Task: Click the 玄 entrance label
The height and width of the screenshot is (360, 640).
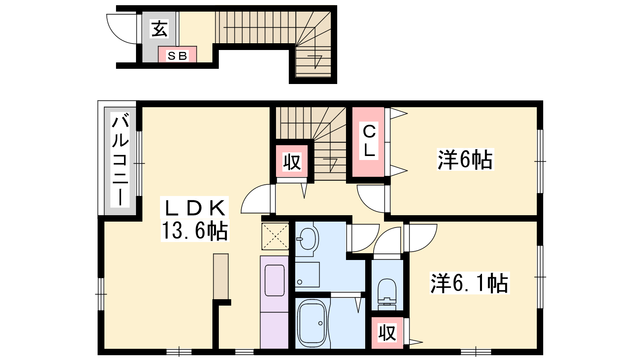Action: [x=160, y=29]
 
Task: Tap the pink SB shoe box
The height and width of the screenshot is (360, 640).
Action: [x=178, y=54]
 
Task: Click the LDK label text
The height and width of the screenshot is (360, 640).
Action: [x=194, y=208]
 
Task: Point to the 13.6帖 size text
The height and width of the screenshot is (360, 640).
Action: [x=194, y=230]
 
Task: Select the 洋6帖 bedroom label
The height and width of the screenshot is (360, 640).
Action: [x=465, y=160]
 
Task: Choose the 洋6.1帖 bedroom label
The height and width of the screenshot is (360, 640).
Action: [x=470, y=283]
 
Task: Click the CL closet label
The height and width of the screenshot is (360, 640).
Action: [x=369, y=141]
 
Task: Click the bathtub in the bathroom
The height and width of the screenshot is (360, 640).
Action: [x=312, y=323]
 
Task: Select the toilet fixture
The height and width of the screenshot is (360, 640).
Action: [x=387, y=294]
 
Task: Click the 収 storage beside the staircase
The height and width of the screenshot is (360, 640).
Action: [x=292, y=162]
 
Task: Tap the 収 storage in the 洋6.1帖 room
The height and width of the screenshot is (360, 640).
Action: [x=387, y=332]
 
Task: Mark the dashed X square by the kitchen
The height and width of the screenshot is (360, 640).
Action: [x=275, y=236]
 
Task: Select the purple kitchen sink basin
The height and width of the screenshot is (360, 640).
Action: [x=274, y=280]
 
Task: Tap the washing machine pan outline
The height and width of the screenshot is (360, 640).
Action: [x=307, y=274]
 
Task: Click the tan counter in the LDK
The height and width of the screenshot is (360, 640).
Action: [x=220, y=276]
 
